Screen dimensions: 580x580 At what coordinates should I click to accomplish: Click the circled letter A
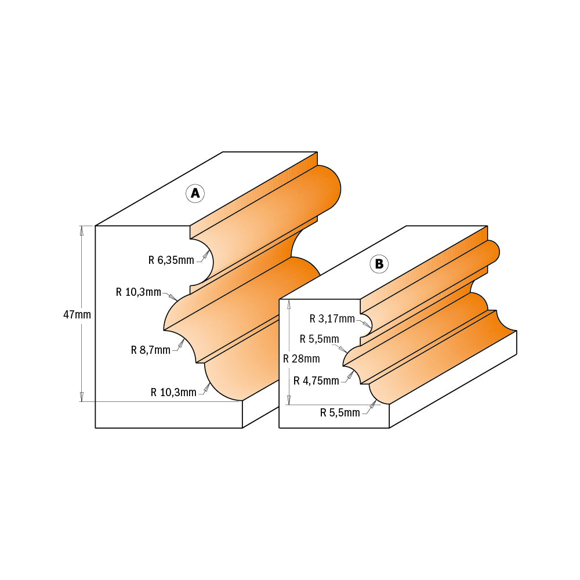pos(195,193)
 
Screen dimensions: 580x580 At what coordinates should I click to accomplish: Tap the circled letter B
pos(379,264)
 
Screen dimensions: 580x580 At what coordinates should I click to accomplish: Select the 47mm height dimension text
pos(77,314)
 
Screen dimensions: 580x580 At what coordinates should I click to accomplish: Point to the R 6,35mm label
pos(171,260)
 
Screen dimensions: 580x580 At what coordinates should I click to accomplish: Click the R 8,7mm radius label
pos(150,350)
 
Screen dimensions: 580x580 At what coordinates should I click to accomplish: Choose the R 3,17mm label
pos(332,318)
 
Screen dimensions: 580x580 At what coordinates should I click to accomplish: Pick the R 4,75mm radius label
pos(316,380)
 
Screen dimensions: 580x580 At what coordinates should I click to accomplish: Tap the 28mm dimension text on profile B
pos(301,358)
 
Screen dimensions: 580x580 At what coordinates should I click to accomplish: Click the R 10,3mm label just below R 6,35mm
pos(139,292)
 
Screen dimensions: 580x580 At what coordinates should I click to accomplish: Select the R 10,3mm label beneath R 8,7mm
pos(173,392)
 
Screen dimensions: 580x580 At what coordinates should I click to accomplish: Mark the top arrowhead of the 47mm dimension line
pos(82,229)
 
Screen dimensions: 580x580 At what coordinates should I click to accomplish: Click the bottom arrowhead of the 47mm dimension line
pos(82,397)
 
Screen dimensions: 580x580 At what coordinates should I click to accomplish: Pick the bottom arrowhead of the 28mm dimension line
pos(289,400)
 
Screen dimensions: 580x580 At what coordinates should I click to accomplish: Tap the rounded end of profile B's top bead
pos(494,251)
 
